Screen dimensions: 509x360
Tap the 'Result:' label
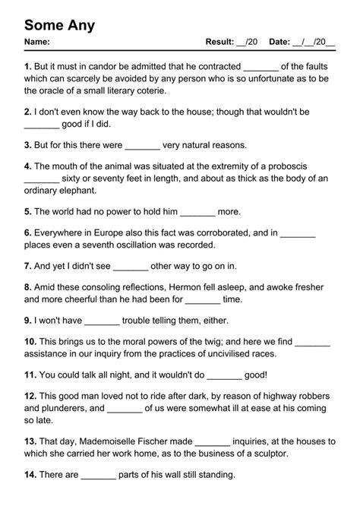tap(219, 42)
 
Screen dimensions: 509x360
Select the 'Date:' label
tap(279, 42)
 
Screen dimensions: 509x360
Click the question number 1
tap(27, 67)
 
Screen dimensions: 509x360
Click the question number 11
tap(30, 375)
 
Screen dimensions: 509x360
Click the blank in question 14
tap(98, 475)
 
